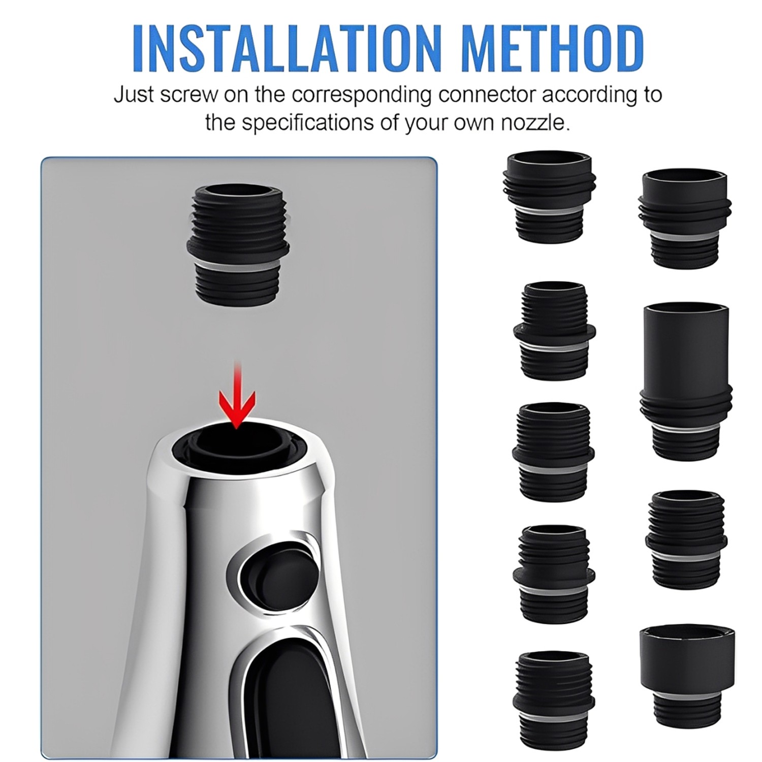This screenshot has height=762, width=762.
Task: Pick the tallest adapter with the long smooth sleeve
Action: point(685,381)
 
